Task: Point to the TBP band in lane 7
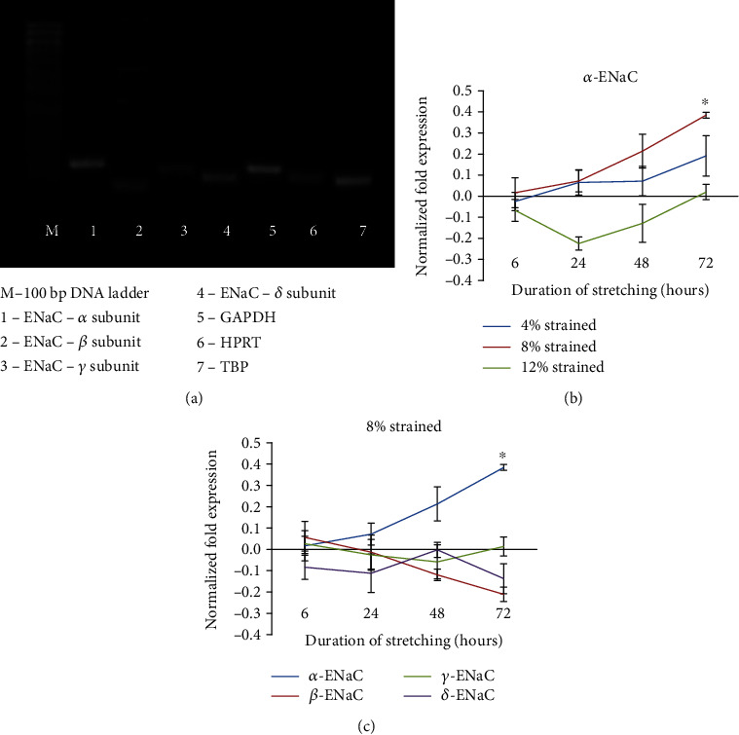click(352, 180)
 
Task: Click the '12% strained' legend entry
click(565, 366)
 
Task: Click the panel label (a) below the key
click(203, 396)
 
